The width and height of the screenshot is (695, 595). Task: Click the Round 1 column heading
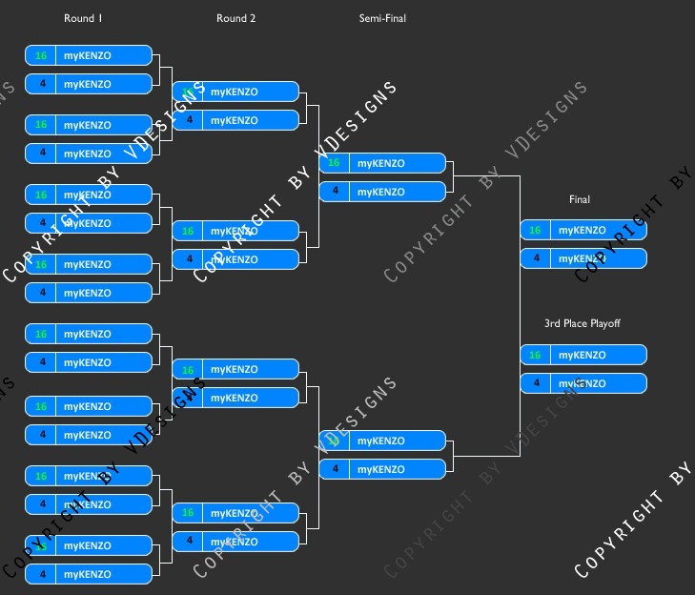point(83,18)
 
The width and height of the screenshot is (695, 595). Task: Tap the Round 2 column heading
point(235,18)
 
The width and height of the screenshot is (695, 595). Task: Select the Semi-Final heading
point(382,18)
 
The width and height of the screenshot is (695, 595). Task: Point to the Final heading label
point(580,199)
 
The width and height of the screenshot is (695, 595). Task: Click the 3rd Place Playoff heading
point(582,323)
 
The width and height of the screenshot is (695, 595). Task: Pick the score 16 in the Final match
point(535,230)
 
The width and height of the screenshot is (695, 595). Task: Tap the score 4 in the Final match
point(535,258)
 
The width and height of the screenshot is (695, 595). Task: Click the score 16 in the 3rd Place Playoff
point(535,355)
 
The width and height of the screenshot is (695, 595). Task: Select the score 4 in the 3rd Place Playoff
point(535,383)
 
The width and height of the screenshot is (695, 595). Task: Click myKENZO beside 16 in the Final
point(582,230)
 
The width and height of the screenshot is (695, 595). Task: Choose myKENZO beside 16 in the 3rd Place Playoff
point(582,355)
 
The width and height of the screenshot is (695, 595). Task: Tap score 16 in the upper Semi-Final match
point(334,163)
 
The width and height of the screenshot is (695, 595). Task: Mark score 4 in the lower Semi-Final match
point(334,469)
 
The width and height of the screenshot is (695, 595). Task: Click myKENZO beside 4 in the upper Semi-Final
point(380,192)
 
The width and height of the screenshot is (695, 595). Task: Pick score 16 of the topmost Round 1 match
point(41,55)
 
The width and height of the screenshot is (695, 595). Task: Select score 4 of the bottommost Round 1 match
point(41,574)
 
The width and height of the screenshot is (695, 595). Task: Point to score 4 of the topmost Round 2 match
point(188,120)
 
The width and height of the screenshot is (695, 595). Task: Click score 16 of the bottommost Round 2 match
point(188,513)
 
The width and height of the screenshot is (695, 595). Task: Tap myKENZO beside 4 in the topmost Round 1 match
point(87,84)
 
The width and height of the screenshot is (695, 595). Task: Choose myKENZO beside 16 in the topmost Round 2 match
point(234,92)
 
